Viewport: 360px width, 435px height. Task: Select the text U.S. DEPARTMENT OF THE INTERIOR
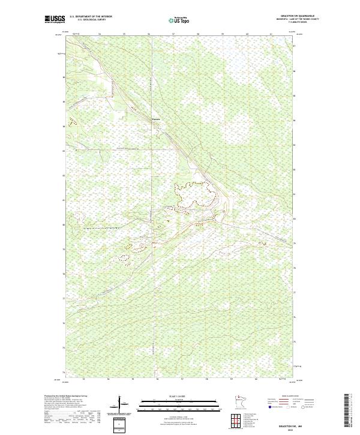(91, 17)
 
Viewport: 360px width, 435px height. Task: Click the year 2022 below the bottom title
(282, 428)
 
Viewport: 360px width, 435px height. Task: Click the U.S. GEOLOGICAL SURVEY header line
(91, 20)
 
